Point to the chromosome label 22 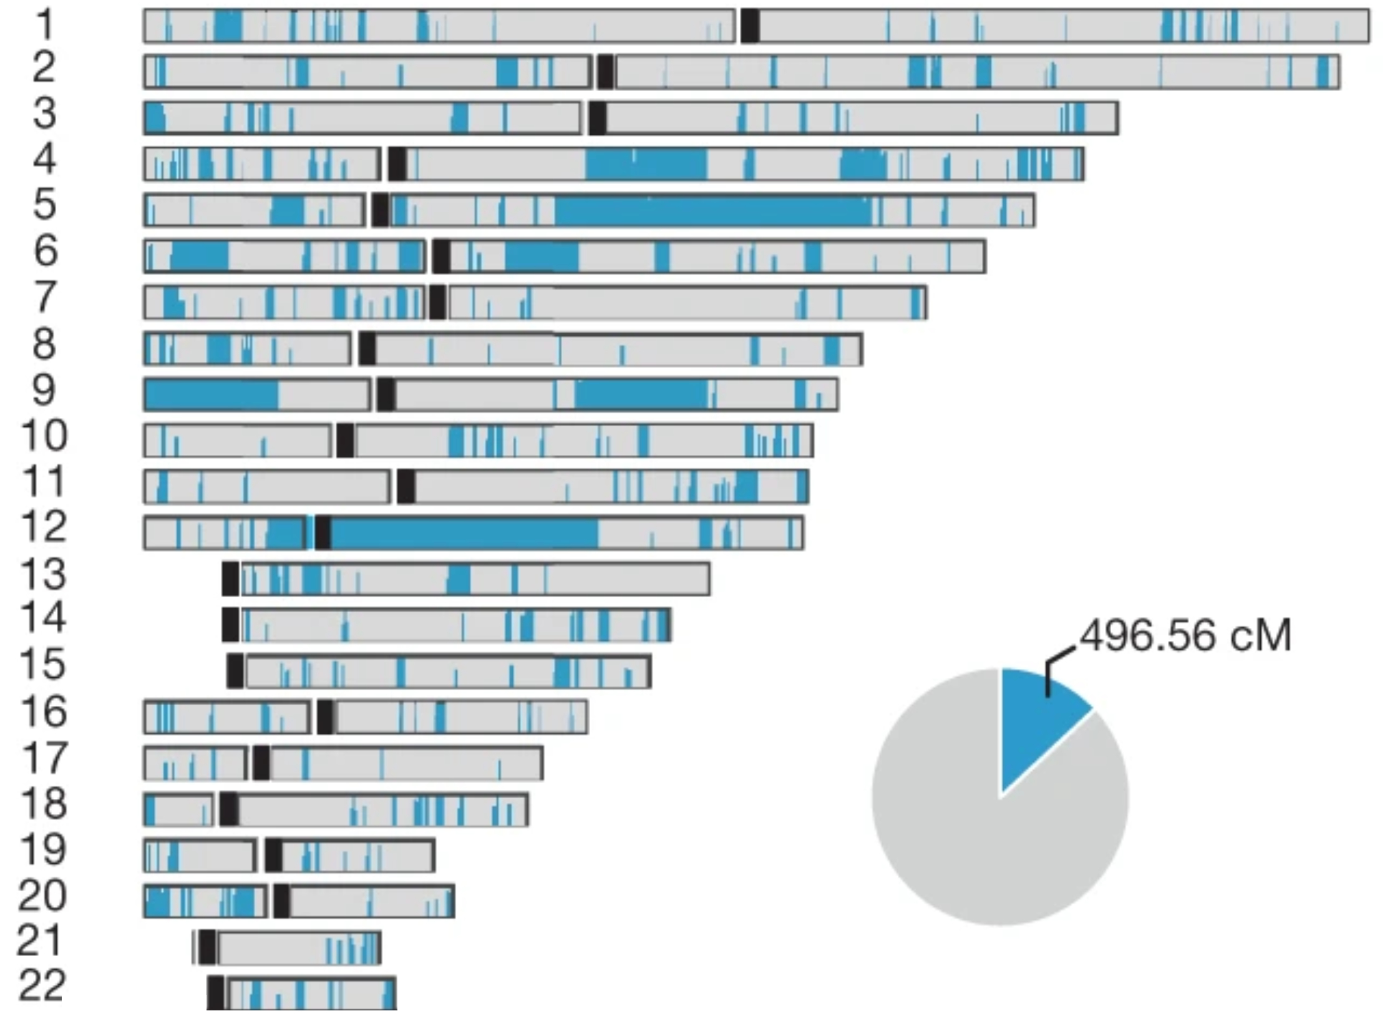pyautogui.click(x=42, y=986)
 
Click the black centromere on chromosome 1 pyautogui.click(x=750, y=26)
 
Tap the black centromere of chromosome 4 pyautogui.click(x=397, y=164)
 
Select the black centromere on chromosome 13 pyautogui.click(x=230, y=579)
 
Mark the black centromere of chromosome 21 pyautogui.click(x=208, y=947)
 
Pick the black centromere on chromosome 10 pyautogui.click(x=345, y=441)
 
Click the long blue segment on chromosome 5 pyautogui.click(x=711, y=210)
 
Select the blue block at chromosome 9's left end pyautogui.click(x=211, y=394)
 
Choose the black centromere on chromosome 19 pyautogui.click(x=273, y=855)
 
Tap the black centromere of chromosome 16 pyautogui.click(x=325, y=717)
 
